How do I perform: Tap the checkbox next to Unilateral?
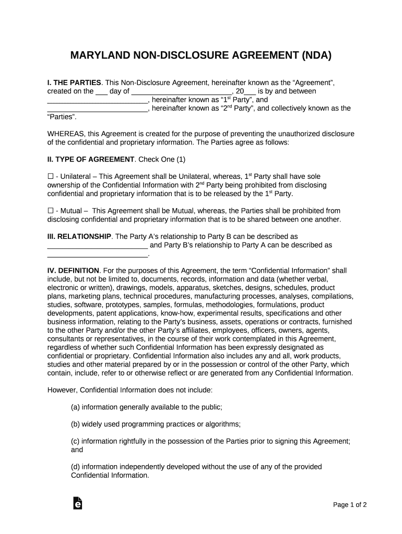(x=50, y=177)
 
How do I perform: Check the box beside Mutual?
(x=50, y=211)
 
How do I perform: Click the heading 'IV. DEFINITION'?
(x=73, y=271)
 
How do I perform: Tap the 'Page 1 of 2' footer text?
(x=350, y=505)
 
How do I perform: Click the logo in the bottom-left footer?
(x=77, y=504)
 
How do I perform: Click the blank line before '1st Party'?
(x=98, y=100)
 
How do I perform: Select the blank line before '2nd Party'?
(x=98, y=108)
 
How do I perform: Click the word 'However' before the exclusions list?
(x=62, y=390)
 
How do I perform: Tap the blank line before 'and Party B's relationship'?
(x=98, y=245)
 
